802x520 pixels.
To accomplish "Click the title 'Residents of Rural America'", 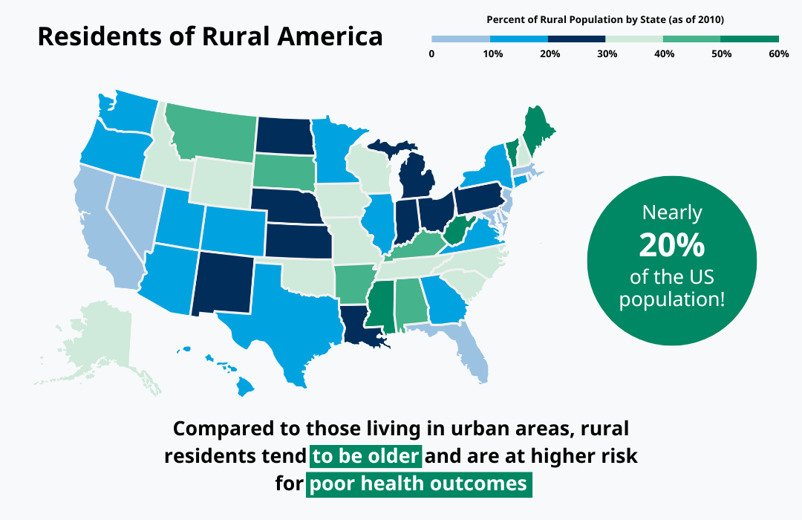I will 210,36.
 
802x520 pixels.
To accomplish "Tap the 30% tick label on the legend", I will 607,53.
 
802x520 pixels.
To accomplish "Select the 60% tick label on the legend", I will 778,53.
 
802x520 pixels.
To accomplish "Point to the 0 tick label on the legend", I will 431,53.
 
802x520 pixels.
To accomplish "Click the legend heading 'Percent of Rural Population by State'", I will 605,19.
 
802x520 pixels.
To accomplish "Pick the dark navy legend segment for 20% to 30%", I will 576,38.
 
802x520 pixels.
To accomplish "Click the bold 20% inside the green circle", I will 671,244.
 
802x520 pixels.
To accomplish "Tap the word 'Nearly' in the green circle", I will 671,213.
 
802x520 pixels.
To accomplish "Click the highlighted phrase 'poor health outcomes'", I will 419,484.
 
